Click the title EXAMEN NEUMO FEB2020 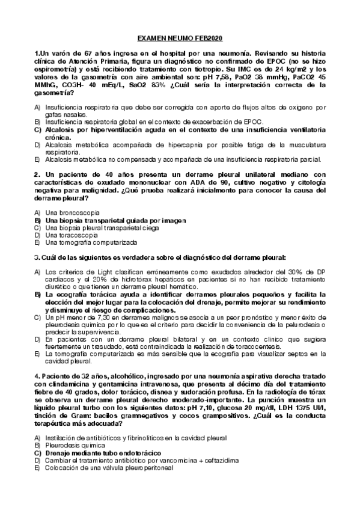click(180, 38)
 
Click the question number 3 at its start click(37, 257)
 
